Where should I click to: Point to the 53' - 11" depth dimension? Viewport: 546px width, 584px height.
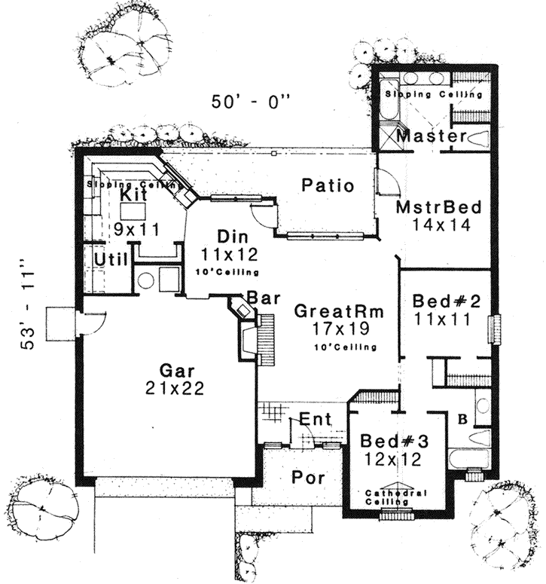28,304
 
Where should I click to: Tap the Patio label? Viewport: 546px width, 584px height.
328,185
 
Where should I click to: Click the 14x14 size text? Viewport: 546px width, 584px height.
436,223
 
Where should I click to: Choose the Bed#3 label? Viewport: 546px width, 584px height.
390,440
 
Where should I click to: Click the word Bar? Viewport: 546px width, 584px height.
269,298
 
